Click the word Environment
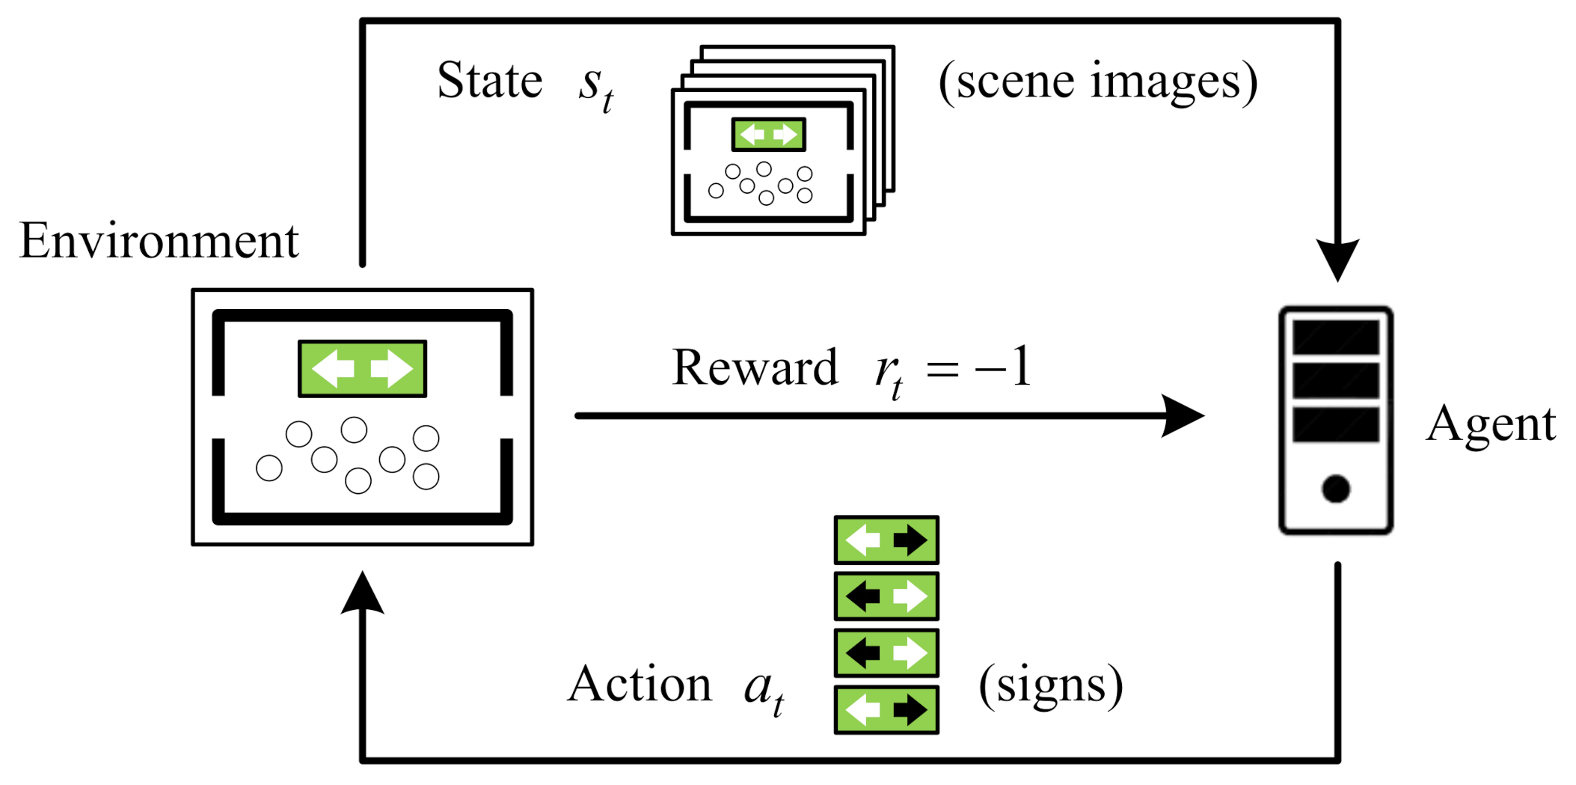point(159,242)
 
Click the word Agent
point(1490,424)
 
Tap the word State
point(489,81)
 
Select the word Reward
point(754,368)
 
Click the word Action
point(640,684)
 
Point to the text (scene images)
point(1097,82)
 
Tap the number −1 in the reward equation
point(1004,367)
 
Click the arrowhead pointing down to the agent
point(1337,259)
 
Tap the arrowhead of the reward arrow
point(1183,416)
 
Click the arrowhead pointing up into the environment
point(363,593)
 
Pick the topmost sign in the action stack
point(886,540)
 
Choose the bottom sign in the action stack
point(886,709)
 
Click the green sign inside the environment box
point(363,368)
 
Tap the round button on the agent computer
point(1335,489)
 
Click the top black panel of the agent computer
point(1335,337)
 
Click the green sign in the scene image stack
point(768,135)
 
